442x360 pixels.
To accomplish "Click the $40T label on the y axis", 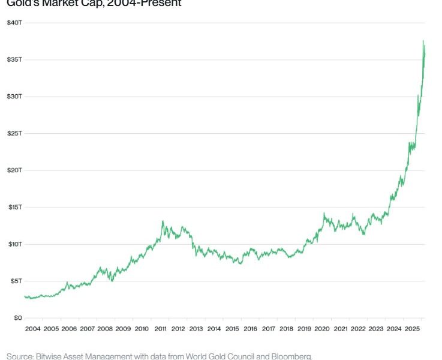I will (14, 23).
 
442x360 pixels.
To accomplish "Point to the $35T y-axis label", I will (14, 59).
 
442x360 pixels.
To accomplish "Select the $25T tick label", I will (14, 133).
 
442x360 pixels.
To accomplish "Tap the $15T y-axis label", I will (14, 207).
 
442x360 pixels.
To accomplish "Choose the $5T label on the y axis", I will (16, 281).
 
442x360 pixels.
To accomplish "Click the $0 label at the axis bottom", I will (18, 317).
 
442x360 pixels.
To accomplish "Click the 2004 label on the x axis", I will (33, 329).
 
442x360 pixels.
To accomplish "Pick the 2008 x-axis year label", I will (105, 329).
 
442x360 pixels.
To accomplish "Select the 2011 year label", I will (160, 329).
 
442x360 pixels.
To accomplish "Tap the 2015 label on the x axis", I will (232, 329).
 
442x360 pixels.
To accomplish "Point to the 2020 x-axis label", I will (322, 329).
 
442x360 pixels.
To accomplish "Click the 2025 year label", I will (412, 329).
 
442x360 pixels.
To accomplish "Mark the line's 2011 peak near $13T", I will (163, 221).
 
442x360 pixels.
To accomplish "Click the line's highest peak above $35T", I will (423, 41).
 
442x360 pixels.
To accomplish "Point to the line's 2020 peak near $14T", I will (324, 213).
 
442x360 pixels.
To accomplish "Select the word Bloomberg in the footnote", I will (290, 356).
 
